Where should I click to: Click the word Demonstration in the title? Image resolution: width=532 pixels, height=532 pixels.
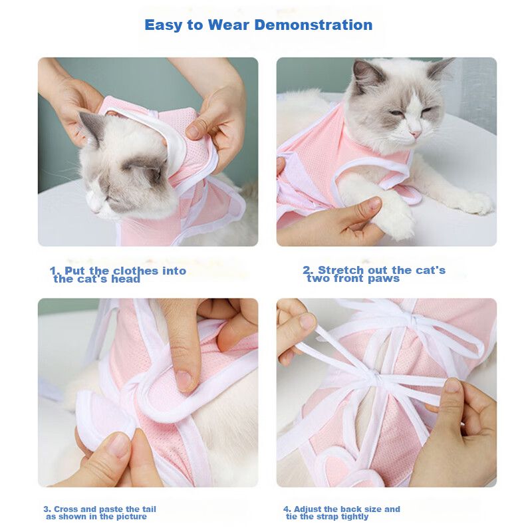pos(313,25)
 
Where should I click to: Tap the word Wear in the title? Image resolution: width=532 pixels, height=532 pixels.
pos(228,25)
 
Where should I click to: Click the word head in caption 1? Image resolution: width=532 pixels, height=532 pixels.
pos(126,279)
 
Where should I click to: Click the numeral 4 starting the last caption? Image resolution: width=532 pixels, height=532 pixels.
pos(287,509)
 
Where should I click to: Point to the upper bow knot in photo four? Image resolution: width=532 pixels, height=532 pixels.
pos(414,319)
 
